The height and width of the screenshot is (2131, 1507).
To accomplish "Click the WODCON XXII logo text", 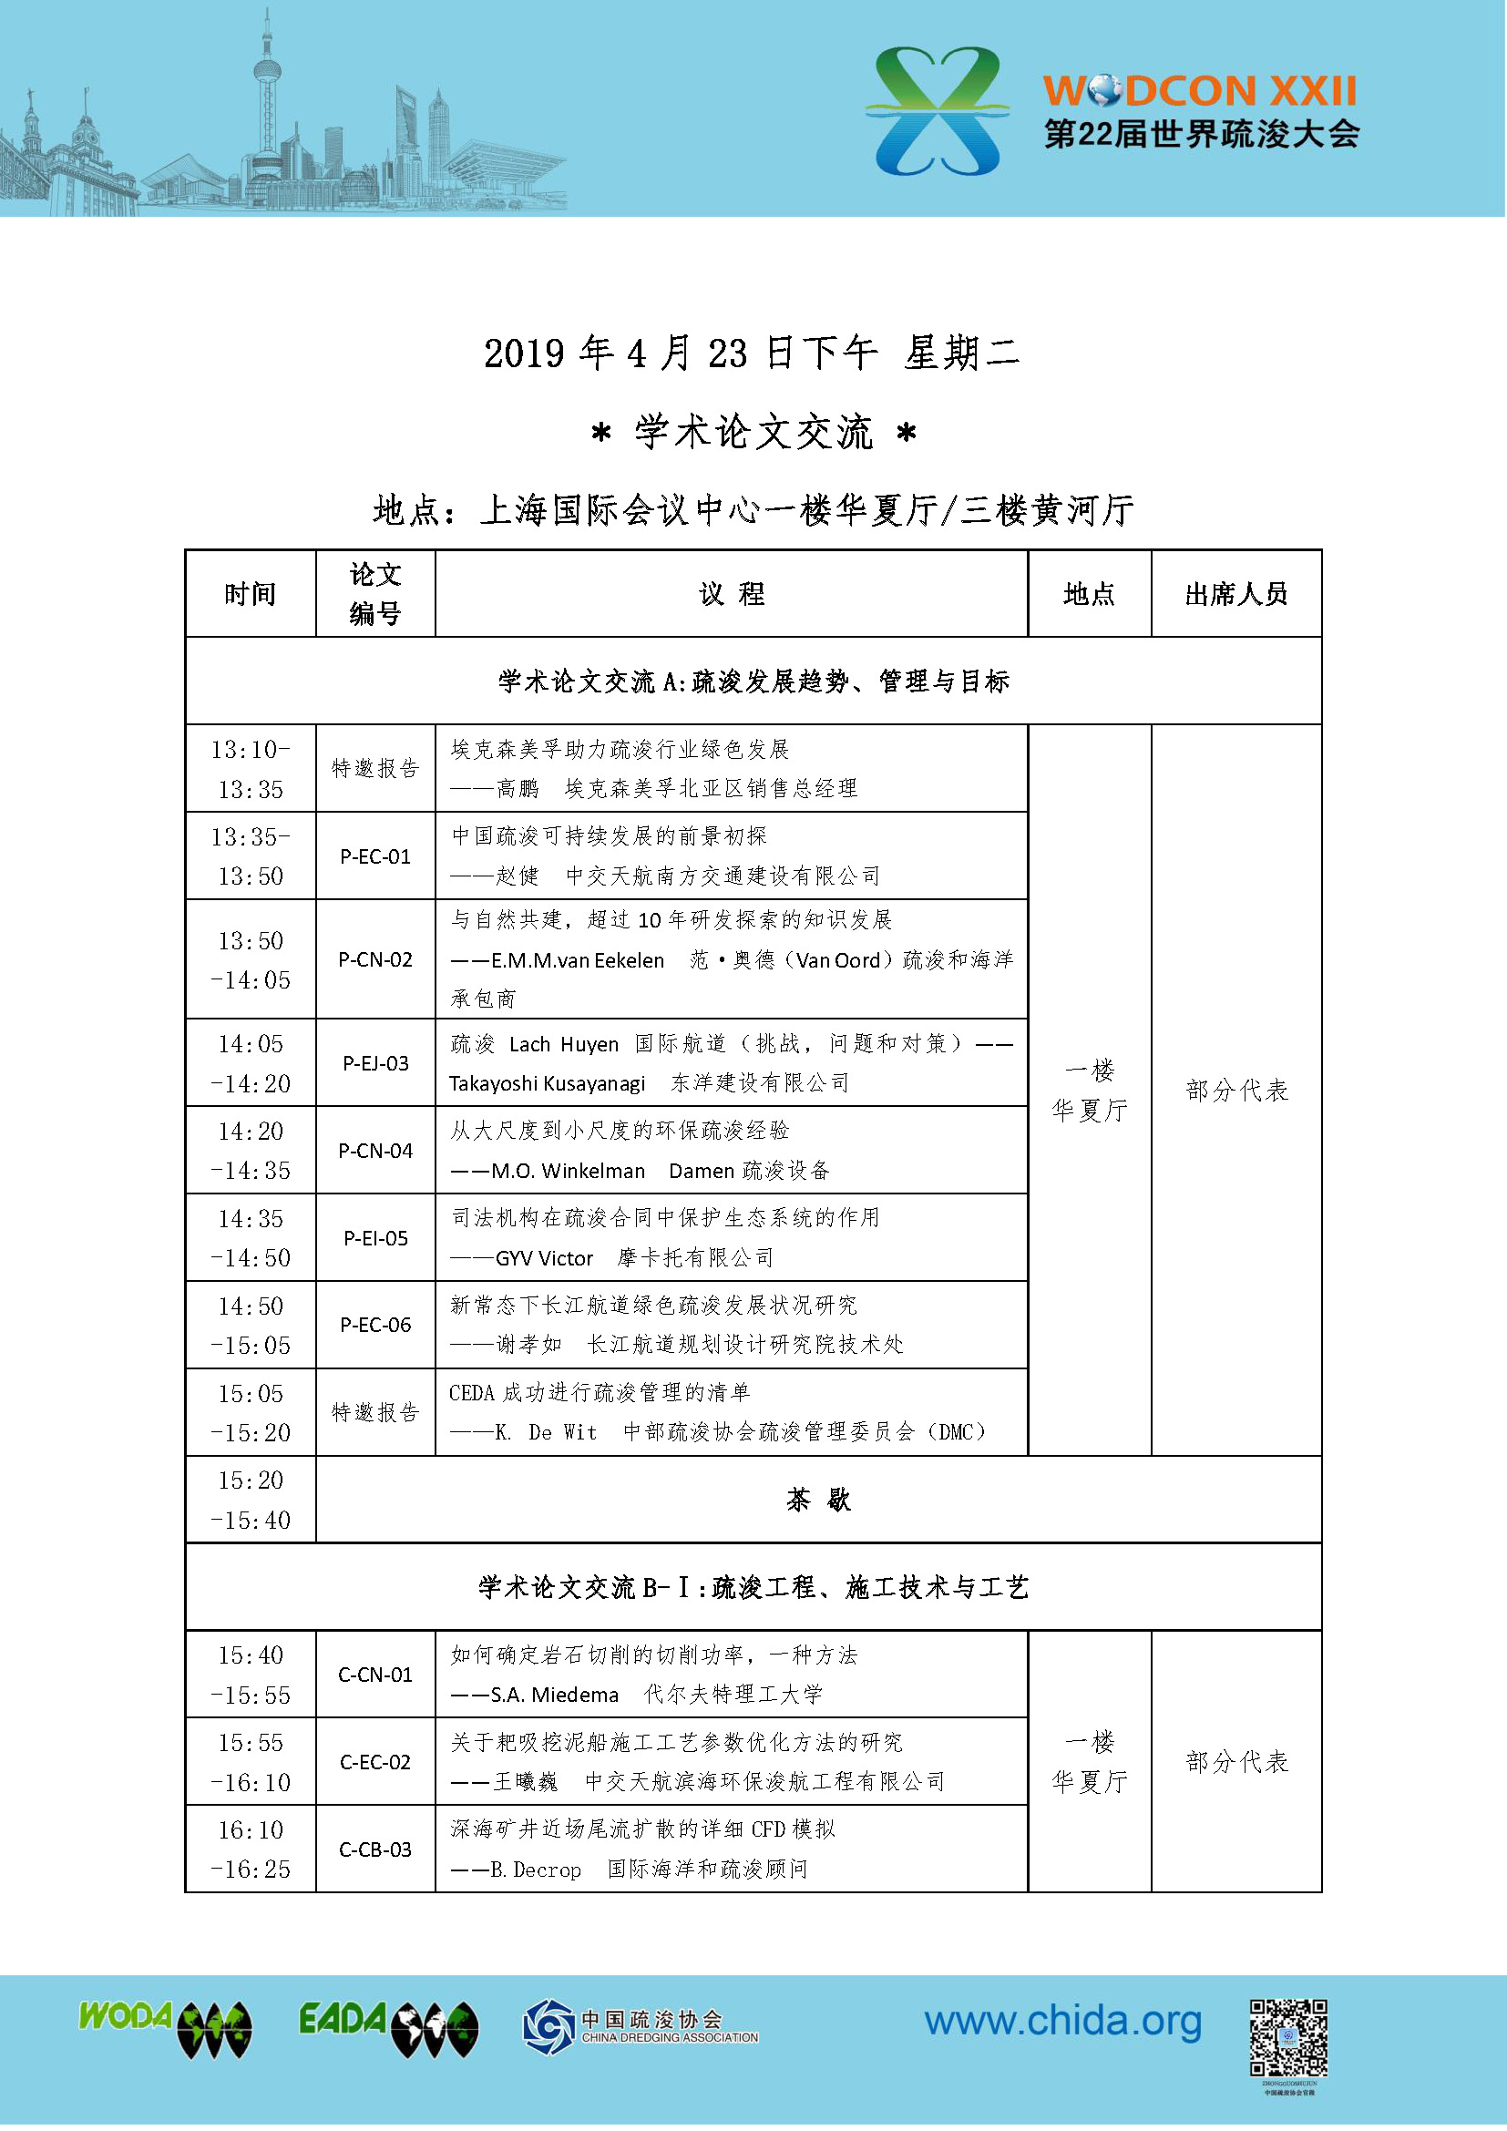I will point(1200,92).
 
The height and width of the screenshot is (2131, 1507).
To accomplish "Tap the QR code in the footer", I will point(1289,2037).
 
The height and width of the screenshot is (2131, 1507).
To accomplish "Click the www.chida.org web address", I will point(1063,2023).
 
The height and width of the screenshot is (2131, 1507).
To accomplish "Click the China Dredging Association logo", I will point(641,2026).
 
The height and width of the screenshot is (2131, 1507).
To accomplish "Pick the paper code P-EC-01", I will point(374,856).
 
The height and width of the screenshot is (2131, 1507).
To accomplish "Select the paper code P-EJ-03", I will point(374,1063).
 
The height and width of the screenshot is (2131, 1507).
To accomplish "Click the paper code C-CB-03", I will point(374,1850).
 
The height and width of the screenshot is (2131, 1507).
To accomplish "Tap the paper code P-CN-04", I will point(374,1151).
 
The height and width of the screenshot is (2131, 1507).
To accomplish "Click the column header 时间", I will point(251,594).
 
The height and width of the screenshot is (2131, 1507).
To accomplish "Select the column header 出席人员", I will point(1237,594).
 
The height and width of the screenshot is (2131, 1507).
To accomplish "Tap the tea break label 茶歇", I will point(818,1501).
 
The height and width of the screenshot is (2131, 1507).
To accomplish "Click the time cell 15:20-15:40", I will point(251,1501).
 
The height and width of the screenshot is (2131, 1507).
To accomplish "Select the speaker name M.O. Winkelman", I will point(568,1172).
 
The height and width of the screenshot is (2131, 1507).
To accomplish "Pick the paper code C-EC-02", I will point(374,1763).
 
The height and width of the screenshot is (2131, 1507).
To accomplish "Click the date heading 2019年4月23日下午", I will point(680,353).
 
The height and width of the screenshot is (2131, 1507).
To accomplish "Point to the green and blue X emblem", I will point(938,111).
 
